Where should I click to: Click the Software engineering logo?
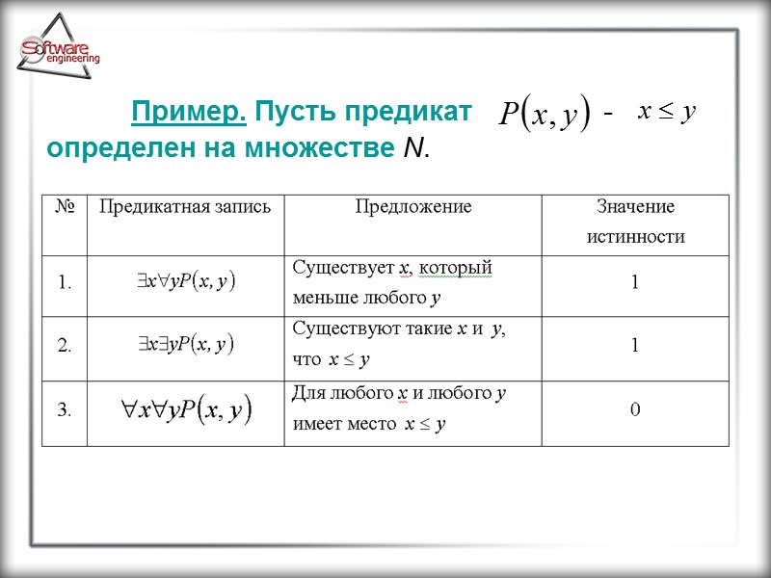pyautogui.click(x=59, y=53)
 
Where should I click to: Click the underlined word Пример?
pyautogui.click(x=189, y=113)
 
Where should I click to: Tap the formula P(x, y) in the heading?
pyautogui.click(x=544, y=116)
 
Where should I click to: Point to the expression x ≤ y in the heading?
pyautogui.click(x=666, y=112)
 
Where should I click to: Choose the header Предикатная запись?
pyautogui.click(x=186, y=206)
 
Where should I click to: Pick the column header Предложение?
pyautogui.click(x=413, y=206)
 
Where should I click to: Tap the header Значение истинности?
pyautogui.click(x=635, y=222)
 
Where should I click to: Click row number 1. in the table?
pyautogui.click(x=66, y=283)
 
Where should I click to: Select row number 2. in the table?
pyautogui.click(x=66, y=346)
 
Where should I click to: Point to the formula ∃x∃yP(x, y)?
pyautogui.click(x=186, y=344)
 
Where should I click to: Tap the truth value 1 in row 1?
pyautogui.click(x=635, y=283)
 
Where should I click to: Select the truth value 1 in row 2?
pyautogui.click(x=635, y=346)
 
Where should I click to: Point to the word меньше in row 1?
pyautogui.click(x=320, y=298)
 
